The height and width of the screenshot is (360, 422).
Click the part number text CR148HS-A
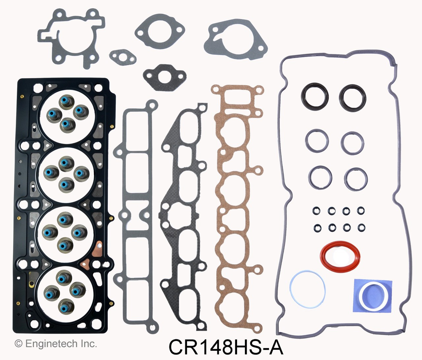(226, 346)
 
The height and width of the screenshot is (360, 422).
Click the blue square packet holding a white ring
(373, 295)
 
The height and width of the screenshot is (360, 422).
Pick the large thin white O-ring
(307, 290)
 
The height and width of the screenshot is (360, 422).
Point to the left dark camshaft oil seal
(315, 97)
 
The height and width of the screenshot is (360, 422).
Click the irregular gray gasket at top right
(235, 39)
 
